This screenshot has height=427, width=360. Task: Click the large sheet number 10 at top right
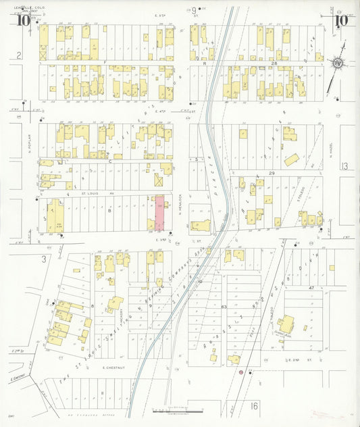point(341,20)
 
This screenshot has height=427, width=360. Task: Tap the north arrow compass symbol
point(336,63)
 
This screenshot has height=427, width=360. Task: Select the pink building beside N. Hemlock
point(160,214)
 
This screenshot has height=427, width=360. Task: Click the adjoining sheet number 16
point(254,405)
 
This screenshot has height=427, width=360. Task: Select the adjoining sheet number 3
point(43,258)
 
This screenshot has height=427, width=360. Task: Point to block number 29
point(272,174)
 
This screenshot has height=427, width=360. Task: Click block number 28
point(274,63)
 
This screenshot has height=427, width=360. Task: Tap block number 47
point(312,288)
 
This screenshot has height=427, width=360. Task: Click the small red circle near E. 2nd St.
point(240,372)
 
